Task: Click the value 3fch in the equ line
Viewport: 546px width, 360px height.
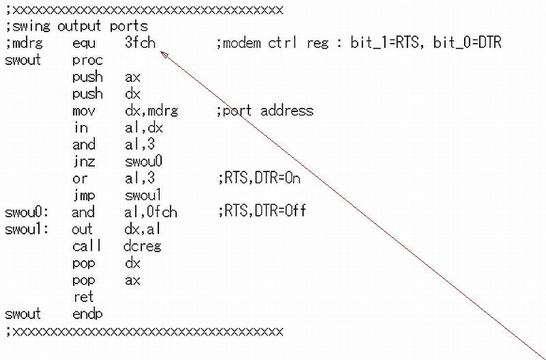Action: click(x=141, y=43)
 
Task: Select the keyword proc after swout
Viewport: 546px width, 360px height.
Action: click(x=87, y=60)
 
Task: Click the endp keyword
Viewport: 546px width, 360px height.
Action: click(x=87, y=314)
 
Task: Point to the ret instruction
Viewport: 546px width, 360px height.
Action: click(x=83, y=297)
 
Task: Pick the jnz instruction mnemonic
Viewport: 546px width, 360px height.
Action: click(x=83, y=162)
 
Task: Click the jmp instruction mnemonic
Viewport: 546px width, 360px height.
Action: click(x=83, y=195)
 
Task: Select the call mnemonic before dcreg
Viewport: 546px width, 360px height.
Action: click(x=87, y=246)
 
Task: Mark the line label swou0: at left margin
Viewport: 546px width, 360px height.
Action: click(x=23, y=212)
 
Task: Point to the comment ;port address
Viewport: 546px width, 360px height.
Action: click(x=264, y=111)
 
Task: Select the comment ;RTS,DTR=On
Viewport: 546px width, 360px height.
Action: click(x=259, y=179)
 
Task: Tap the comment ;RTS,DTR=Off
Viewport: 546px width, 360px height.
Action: click(x=261, y=212)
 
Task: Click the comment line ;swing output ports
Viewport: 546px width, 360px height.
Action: click(x=76, y=27)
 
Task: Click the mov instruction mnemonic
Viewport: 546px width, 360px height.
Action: click(x=84, y=111)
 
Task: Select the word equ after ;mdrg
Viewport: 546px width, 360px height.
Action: click(x=84, y=43)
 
